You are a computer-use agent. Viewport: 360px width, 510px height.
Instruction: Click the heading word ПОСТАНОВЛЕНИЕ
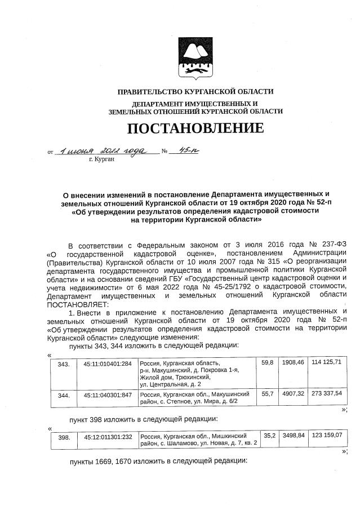click(195, 128)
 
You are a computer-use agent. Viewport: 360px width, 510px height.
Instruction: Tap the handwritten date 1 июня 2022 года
click(103, 151)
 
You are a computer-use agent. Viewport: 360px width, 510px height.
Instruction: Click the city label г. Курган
click(101, 160)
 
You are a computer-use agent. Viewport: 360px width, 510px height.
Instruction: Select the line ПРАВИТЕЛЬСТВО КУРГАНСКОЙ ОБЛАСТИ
click(195, 92)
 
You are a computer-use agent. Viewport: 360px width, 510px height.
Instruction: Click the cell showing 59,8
click(268, 362)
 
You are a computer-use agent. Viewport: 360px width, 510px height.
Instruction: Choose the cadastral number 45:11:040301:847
click(108, 396)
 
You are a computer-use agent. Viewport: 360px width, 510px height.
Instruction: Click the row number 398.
click(64, 437)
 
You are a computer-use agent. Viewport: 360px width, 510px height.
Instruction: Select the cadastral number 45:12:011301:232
click(108, 437)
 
